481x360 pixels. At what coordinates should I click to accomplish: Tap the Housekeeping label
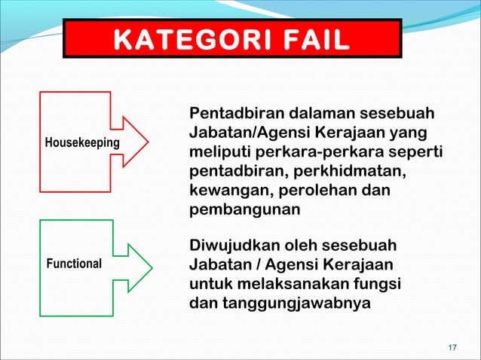click(82, 142)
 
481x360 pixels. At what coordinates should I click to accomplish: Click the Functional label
click(74, 264)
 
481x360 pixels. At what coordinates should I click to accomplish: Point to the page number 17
click(452, 347)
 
